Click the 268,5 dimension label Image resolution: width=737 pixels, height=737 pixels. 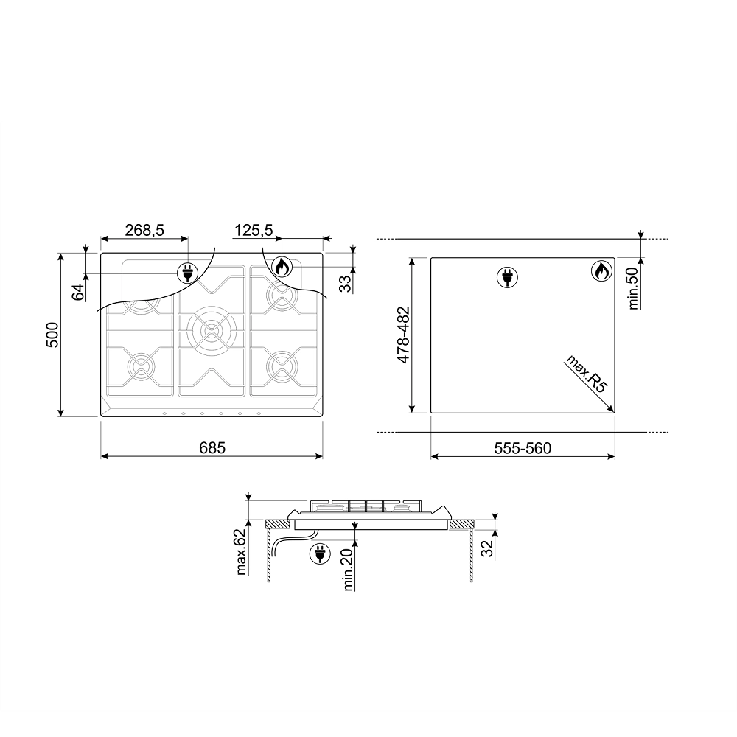point(144,230)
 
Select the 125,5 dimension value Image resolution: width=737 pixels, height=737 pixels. point(254,230)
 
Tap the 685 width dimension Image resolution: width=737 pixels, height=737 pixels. point(212,447)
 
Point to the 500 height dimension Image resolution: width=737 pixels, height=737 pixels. point(52,335)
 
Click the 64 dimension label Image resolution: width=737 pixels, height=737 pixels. point(78,292)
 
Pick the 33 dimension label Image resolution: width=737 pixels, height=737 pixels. point(346,284)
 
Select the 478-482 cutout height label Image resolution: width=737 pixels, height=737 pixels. point(403,335)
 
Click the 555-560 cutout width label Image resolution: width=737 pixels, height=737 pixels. point(523,448)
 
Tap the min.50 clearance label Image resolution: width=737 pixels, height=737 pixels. point(634,288)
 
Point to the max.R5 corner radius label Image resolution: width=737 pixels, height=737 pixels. point(587,374)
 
